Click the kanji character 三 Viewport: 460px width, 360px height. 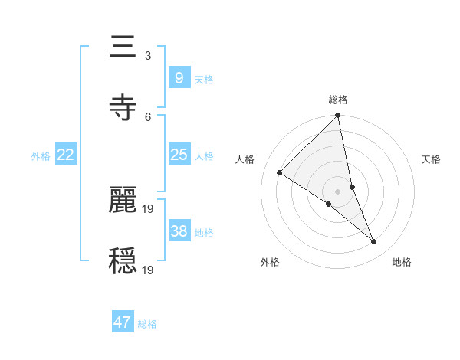(123, 47)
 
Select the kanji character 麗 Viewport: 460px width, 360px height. (123, 200)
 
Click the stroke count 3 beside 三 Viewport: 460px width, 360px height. (148, 56)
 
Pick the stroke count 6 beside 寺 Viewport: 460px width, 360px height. (148, 116)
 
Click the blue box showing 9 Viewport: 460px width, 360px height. (179, 78)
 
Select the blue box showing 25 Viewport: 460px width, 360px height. (179, 155)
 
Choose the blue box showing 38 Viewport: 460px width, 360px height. (179, 231)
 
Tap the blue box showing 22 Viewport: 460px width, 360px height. (66, 155)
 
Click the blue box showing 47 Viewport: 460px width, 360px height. (123, 322)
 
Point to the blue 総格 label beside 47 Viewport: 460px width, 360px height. (147, 324)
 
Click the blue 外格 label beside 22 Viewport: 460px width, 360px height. (41, 156)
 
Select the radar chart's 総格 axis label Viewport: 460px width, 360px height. (338, 100)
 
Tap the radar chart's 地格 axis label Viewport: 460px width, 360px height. (402, 262)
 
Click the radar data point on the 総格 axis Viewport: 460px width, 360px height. (337, 116)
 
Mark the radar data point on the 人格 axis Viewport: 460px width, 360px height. (280, 173)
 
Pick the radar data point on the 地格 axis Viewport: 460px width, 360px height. (374, 242)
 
